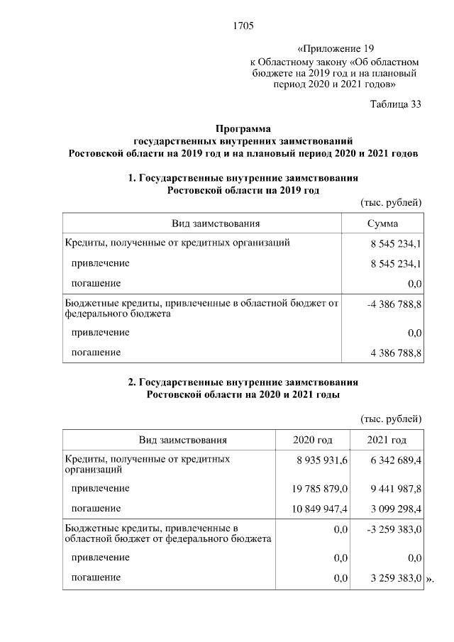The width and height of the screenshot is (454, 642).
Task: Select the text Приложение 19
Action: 337,49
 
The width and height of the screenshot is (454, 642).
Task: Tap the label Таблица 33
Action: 396,104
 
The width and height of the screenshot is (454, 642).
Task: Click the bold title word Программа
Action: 243,129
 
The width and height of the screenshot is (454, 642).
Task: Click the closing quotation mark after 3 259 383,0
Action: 429,579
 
